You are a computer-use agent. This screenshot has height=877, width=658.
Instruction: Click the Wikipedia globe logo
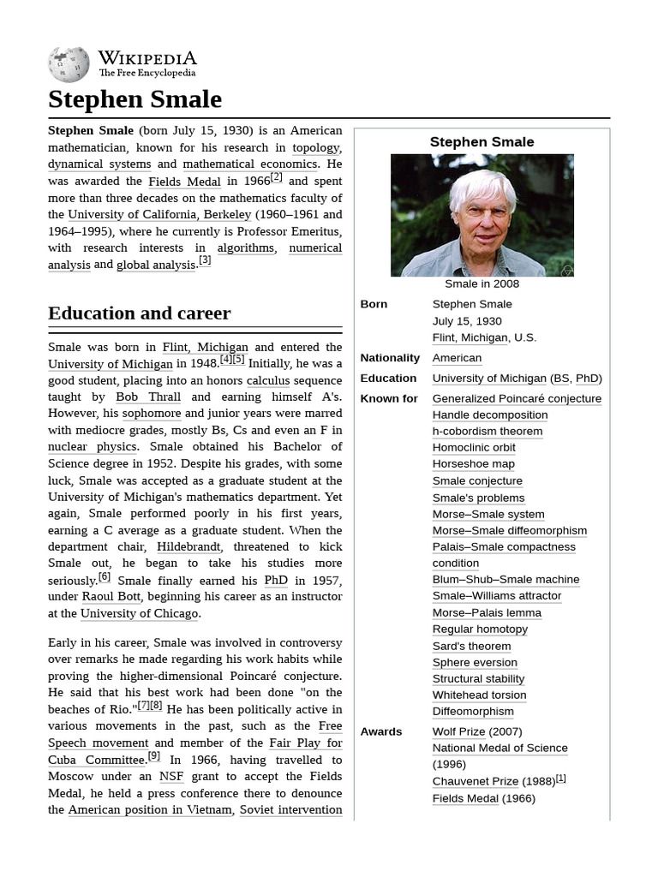69,64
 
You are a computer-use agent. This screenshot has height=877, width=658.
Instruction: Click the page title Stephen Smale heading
135,99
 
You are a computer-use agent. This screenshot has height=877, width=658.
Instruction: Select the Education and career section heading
139,313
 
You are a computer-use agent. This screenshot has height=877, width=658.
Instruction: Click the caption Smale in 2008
482,284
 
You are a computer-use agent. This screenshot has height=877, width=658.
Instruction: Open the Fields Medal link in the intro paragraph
184,182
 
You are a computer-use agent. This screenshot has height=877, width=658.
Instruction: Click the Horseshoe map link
473,464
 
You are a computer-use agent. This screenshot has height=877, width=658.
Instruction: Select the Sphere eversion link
475,662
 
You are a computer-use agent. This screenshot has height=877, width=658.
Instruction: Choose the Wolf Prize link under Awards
458,731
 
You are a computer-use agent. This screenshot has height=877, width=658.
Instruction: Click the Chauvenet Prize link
475,781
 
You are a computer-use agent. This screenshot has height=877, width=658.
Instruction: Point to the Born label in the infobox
374,304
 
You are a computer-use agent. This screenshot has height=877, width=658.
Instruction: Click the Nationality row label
390,358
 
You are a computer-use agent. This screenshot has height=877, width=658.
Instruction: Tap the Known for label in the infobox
389,398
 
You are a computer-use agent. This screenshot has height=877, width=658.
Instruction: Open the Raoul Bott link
111,597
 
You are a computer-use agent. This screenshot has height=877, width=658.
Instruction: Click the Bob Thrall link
148,397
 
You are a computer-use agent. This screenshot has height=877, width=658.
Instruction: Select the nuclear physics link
92,447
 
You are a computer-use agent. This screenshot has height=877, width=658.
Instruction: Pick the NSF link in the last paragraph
171,776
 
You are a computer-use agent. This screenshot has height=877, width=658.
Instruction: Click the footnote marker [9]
154,756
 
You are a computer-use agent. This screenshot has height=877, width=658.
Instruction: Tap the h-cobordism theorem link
487,431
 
